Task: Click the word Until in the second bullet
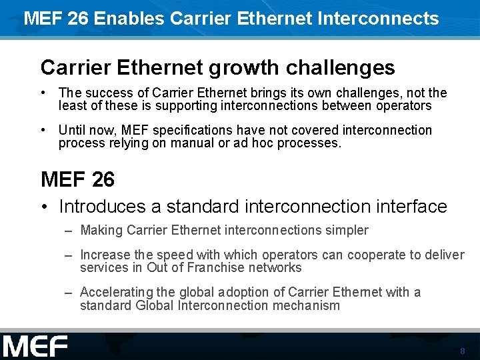coord(71,130)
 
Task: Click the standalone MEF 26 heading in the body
coord(77,179)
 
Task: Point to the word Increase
coord(105,255)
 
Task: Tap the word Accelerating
coord(118,292)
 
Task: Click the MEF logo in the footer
coord(35,347)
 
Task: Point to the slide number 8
coord(462,351)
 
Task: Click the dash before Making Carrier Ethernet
coord(69,231)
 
